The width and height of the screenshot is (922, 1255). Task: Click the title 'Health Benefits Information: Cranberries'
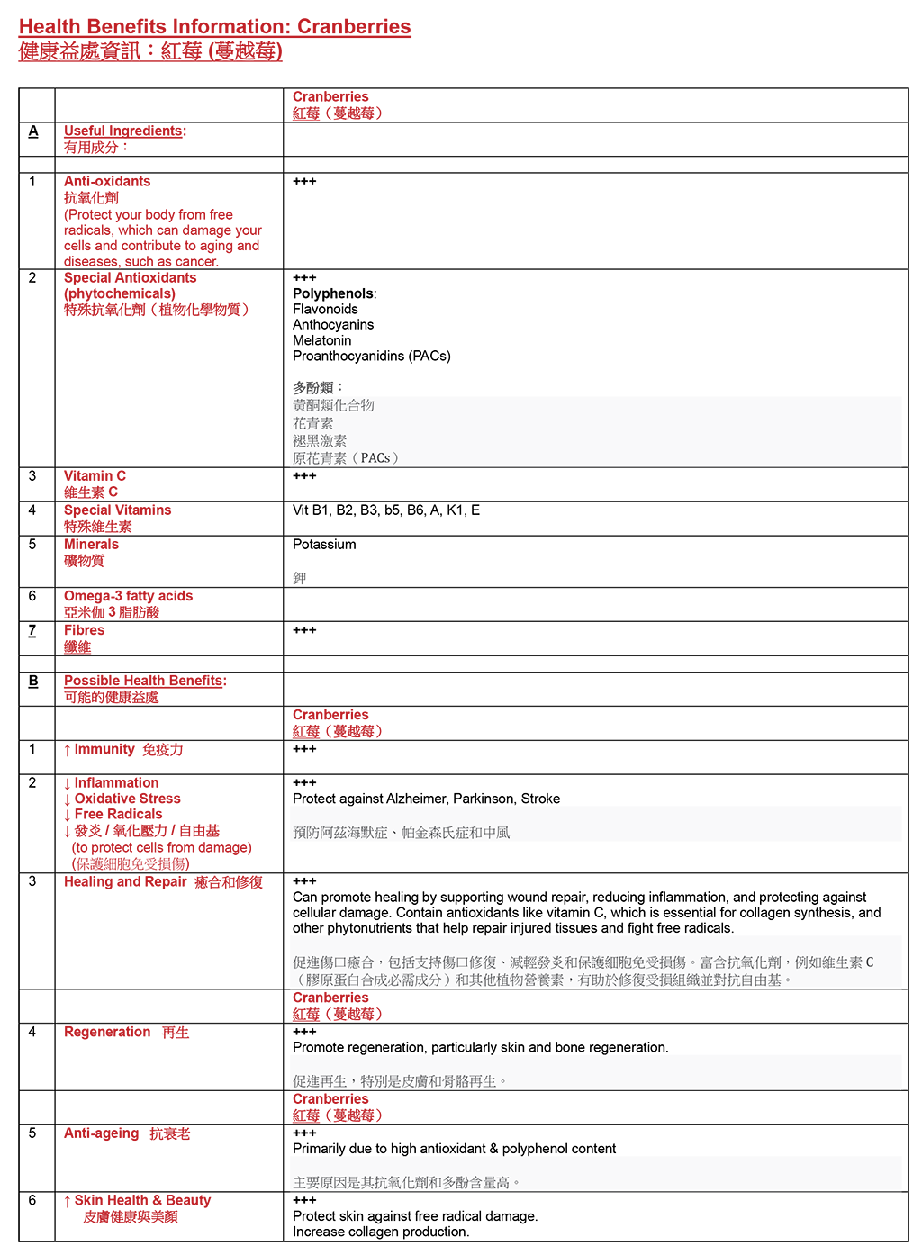(214, 27)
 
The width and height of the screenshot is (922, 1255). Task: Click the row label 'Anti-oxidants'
(107, 182)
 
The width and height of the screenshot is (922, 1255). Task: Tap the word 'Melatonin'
(321, 340)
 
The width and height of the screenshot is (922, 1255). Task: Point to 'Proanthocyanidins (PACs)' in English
(371, 356)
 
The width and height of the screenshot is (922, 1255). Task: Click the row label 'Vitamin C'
(95, 476)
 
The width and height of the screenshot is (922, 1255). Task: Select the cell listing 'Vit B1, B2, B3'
(385, 510)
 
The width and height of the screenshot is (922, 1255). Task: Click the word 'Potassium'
(324, 545)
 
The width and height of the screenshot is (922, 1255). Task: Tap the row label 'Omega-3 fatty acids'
(128, 596)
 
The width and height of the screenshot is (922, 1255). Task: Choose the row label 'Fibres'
(84, 630)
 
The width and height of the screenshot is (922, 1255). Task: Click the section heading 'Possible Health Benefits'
(143, 681)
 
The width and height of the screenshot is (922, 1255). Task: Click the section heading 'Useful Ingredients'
(123, 131)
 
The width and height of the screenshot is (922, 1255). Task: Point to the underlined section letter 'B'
(33, 681)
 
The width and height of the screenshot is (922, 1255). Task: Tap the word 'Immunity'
(104, 749)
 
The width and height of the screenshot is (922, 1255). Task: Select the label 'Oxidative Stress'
(127, 799)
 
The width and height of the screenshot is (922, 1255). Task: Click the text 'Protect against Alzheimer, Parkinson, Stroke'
(426, 799)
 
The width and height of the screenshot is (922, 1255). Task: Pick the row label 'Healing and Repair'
(125, 881)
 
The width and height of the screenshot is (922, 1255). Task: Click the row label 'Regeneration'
(107, 1032)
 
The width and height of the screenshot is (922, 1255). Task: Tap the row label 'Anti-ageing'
(101, 1133)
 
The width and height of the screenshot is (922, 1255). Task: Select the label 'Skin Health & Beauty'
(142, 1200)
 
